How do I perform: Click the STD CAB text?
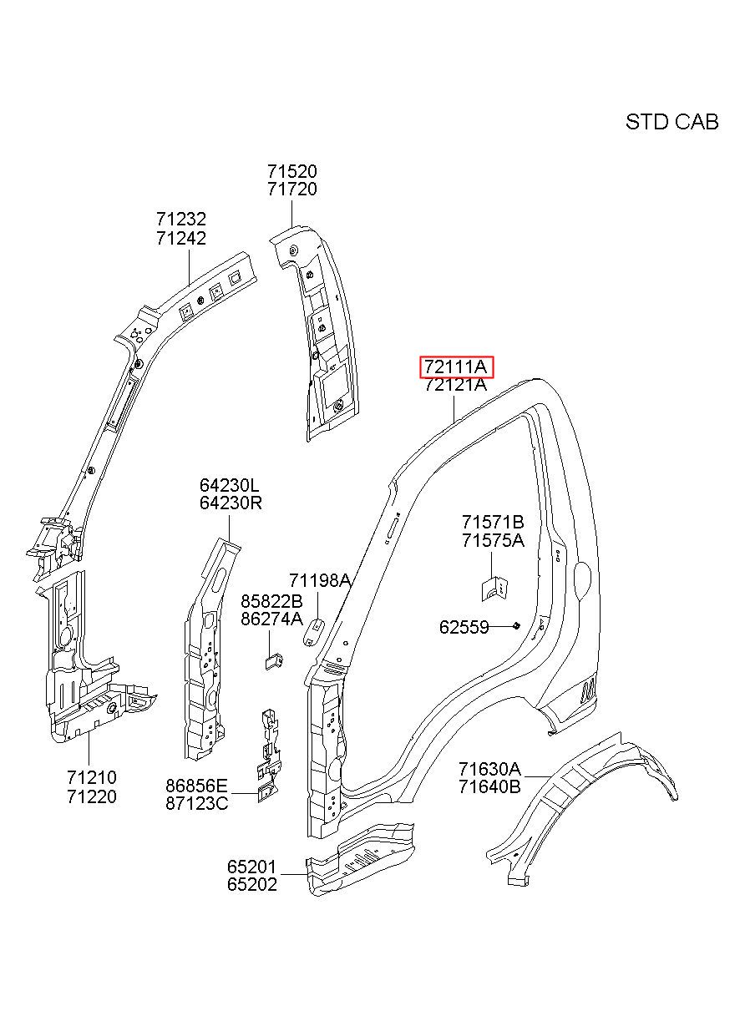[672, 122]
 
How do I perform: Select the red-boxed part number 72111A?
[455, 366]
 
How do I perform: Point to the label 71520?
[292, 171]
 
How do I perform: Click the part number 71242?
[181, 238]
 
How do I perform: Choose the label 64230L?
[230, 486]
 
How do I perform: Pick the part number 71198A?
[320, 580]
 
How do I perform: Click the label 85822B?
[271, 601]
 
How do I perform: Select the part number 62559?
[464, 627]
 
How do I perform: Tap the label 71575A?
[493, 540]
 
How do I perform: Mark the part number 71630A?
[490, 768]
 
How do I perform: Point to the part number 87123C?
[196, 803]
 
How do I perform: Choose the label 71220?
[92, 796]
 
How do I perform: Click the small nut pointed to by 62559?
[516, 625]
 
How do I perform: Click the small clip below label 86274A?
[274, 662]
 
